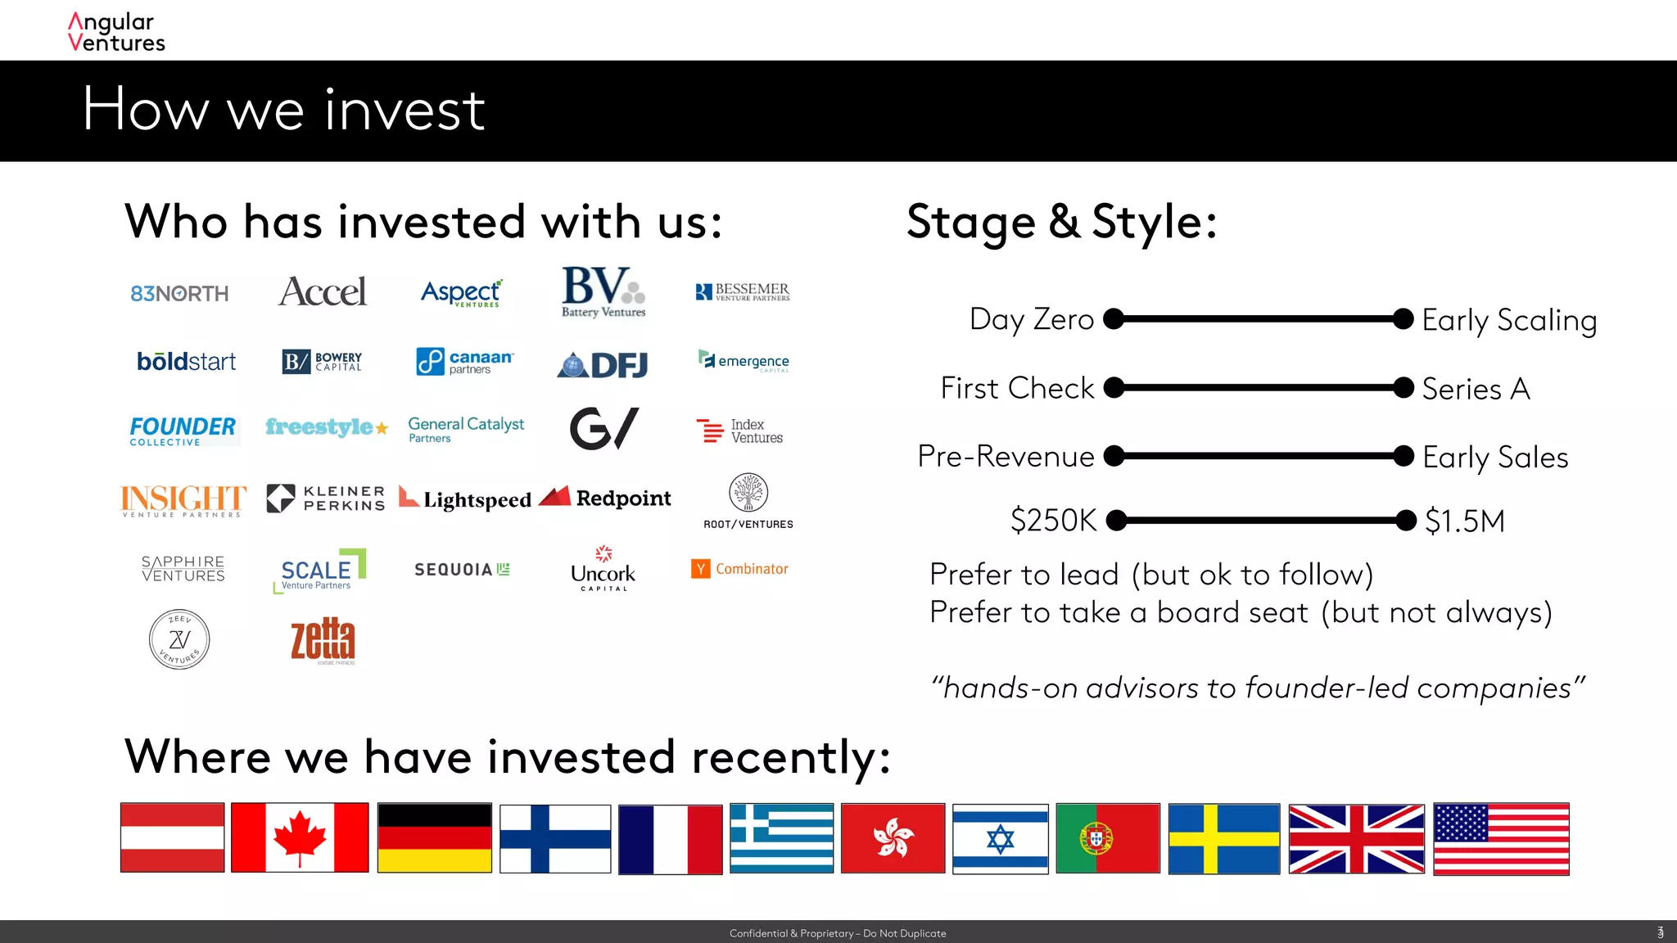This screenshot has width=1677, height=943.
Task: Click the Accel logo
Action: [323, 292]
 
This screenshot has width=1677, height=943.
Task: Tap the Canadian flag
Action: [300, 837]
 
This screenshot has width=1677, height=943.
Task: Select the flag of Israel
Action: [1000, 838]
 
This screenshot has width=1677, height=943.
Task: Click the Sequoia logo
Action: [462, 569]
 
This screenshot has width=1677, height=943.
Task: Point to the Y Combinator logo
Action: [739, 569]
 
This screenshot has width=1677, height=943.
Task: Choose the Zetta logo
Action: [323, 639]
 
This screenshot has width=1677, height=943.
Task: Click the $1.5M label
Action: [1464, 521]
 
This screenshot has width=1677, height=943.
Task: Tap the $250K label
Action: [1053, 521]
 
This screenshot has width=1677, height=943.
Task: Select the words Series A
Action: [1476, 389]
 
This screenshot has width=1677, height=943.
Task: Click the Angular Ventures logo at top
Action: [116, 33]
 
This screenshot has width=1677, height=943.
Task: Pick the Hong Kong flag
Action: [893, 838]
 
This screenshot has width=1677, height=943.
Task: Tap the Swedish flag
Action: [1223, 838]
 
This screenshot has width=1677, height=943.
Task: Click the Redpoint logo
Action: [605, 498]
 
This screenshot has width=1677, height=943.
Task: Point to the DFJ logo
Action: [603, 364]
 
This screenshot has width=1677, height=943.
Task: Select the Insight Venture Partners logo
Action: [183, 500]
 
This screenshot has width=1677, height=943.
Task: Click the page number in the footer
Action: [1660, 932]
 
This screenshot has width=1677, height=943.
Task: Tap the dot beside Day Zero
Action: [1114, 318]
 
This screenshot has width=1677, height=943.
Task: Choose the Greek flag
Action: [781, 838]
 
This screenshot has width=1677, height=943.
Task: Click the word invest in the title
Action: [405, 110]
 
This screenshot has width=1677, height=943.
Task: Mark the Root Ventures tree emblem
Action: [748, 493]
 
